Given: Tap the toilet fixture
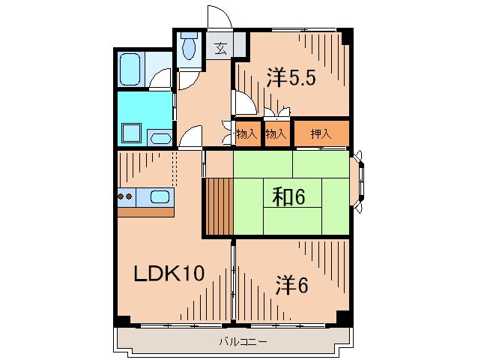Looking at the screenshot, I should [x=189, y=47].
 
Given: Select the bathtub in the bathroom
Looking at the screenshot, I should [x=133, y=69].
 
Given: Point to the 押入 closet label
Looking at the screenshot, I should [x=321, y=133].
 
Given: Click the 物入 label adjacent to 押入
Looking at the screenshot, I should [x=276, y=134].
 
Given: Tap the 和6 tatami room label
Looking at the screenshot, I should [x=288, y=197].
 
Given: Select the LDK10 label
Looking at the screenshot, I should [x=169, y=274].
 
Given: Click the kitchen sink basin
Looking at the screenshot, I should [x=160, y=197].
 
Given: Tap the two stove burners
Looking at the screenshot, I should [x=125, y=197].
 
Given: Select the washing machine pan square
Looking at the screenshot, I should [x=132, y=133].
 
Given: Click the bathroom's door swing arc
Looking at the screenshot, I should [x=162, y=78].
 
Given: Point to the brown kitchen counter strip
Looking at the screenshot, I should [x=145, y=211].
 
